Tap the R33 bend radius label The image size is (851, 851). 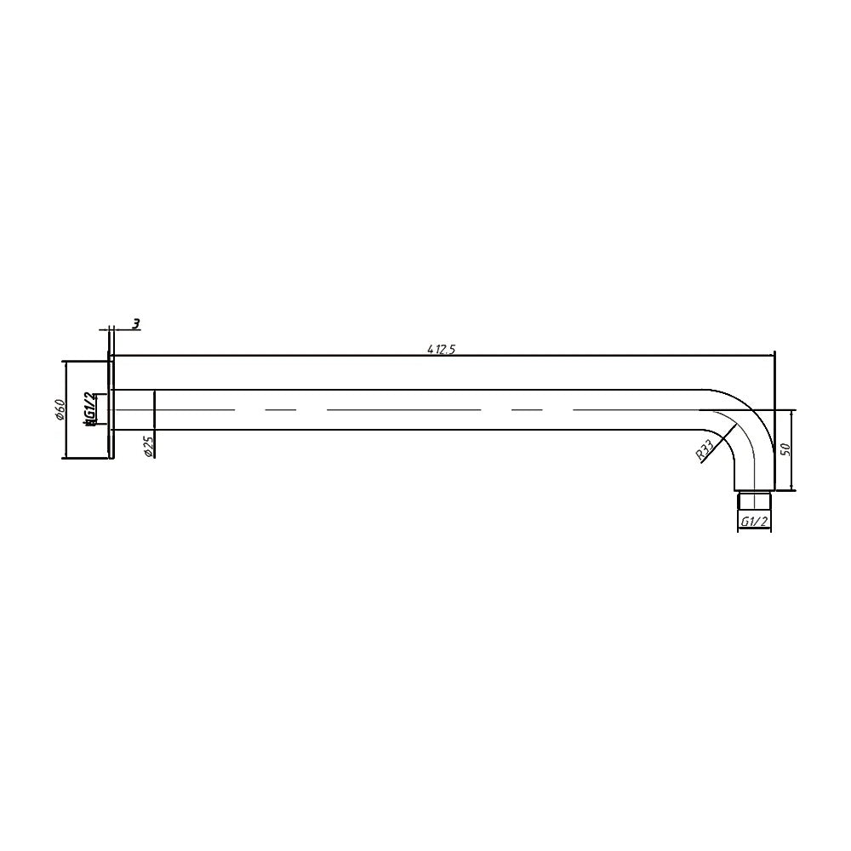[704, 450]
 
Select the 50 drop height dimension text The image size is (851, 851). [786, 448]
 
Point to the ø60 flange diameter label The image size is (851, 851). [60, 409]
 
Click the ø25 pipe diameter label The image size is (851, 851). [147, 446]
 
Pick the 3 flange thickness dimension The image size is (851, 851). [135, 324]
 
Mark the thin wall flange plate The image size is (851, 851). [111, 409]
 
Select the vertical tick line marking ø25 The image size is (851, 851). [154, 410]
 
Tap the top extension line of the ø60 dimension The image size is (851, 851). [85, 361]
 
